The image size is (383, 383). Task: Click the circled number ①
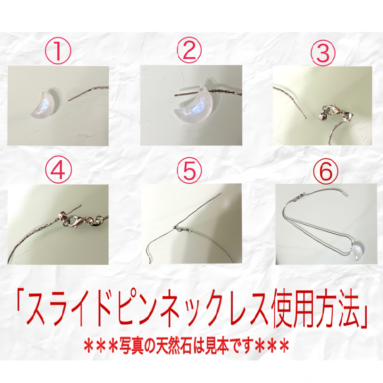pos(58,52)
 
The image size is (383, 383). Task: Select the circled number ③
pos(323,52)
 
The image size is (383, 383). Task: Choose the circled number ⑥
pos(326,171)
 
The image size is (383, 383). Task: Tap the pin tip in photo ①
pos(69,100)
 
